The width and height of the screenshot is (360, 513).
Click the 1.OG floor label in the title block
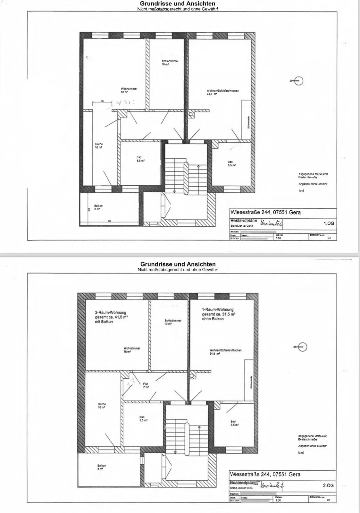point(329,223)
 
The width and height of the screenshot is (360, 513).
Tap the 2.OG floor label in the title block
point(328,485)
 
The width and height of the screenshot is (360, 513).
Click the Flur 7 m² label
point(146,385)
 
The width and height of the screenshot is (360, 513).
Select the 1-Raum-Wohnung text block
point(218,314)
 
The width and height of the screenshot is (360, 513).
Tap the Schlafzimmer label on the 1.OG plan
point(170,63)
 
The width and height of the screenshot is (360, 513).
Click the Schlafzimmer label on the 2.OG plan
point(173,322)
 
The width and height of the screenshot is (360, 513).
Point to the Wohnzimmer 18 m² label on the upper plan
point(129,90)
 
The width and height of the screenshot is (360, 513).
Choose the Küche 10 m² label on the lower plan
point(102,406)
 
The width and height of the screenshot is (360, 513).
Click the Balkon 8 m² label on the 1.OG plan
point(98,207)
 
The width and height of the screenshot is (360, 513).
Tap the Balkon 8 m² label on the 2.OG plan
point(101,467)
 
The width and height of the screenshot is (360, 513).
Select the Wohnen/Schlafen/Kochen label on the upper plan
point(222,92)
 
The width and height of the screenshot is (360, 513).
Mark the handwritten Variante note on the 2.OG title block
point(273,486)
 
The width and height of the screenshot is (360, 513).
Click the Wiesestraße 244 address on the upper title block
point(265,212)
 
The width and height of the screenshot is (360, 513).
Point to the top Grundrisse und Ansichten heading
point(178,4)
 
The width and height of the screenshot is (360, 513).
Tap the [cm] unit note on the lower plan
point(301,453)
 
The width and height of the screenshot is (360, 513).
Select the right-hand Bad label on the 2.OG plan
point(233,423)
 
